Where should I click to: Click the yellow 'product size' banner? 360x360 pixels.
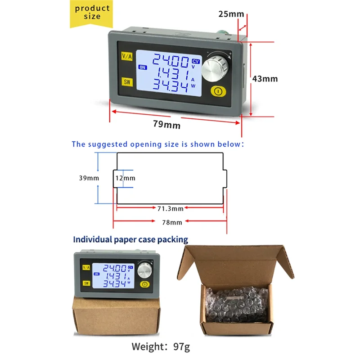[x=92, y=13]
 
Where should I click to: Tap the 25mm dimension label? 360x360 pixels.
[x=231, y=13]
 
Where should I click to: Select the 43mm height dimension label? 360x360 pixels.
[x=265, y=78]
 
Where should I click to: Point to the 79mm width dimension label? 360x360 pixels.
[x=166, y=125]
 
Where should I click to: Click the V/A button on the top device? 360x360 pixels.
[x=127, y=56]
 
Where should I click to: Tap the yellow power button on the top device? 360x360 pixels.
[x=218, y=92]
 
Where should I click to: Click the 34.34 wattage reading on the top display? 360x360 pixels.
[x=170, y=85]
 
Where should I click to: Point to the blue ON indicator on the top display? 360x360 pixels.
[x=143, y=67]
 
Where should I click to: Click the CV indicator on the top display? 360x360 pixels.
[x=195, y=61]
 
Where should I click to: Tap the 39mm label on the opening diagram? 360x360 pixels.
[x=89, y=178]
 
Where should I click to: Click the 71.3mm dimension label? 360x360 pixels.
[x=170, y=208]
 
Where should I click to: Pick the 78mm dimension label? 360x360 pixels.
[x=170, y=222]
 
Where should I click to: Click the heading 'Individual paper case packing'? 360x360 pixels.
[x=130, y=239]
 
